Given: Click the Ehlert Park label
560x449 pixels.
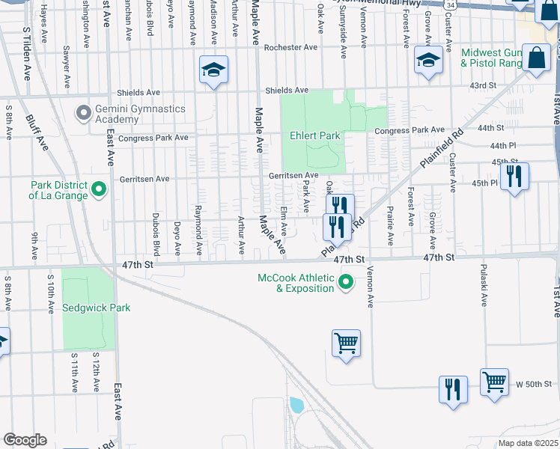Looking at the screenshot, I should coord(315,136).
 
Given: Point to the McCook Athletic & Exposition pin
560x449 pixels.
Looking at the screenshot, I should coord(345,282).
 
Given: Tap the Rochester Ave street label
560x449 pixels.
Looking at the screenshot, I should coord(291,48).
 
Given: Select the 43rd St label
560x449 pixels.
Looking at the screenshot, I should coord(482,86).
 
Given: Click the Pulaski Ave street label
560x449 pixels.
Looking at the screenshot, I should coord(484,284).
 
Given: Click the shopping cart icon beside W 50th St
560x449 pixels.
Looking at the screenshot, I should coord(494,381).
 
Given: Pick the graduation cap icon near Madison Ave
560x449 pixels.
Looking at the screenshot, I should coord(213,70).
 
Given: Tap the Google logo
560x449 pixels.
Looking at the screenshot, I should coord(25,440).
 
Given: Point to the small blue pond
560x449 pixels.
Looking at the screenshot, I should coord(296,405).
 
